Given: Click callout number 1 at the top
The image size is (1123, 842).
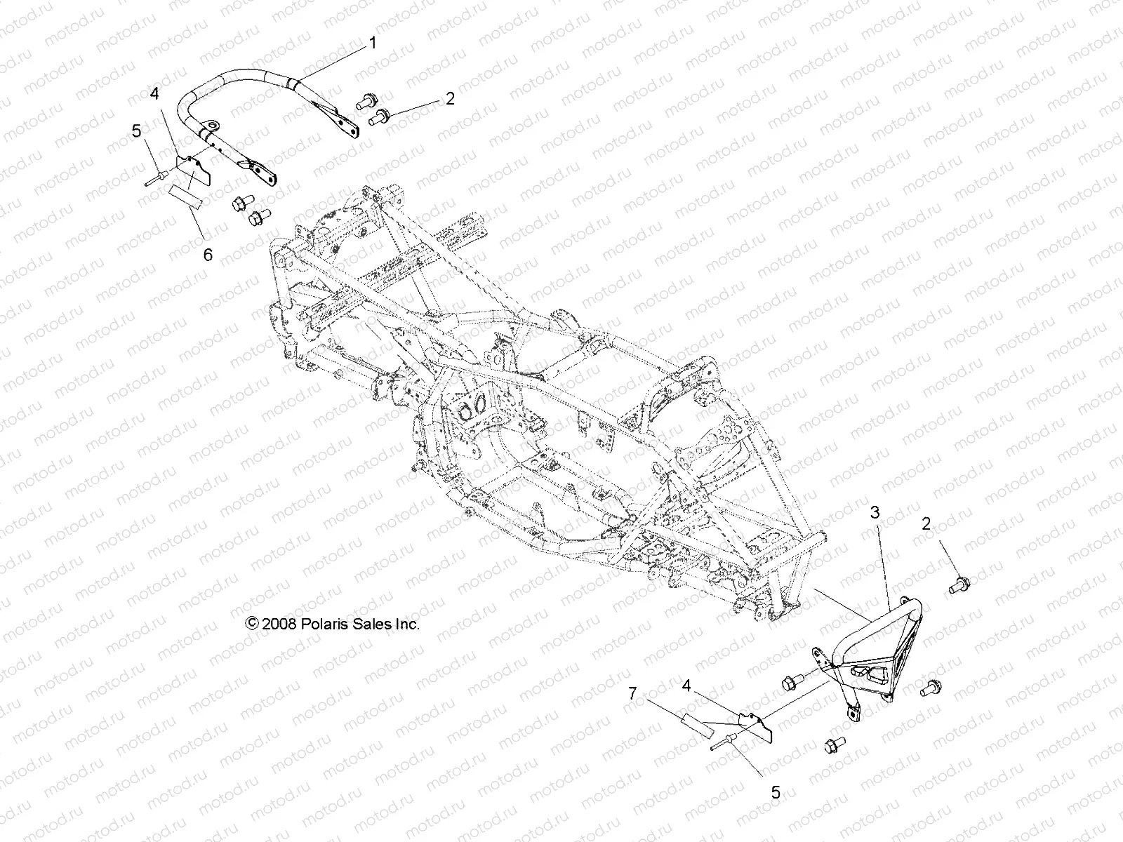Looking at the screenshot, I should pos(373,44).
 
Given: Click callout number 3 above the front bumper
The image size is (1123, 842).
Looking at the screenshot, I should pos(875,513).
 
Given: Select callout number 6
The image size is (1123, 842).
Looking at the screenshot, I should pos(208,255).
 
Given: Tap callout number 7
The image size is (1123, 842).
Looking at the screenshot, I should pos(632,694).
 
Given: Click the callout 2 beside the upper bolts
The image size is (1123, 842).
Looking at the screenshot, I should pos(450,98).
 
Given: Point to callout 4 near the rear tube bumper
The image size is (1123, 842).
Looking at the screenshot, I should pos(154,94).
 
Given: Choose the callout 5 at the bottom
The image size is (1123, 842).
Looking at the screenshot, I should pos(776,793).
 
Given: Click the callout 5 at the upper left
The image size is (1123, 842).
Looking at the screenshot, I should pos(157,130).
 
